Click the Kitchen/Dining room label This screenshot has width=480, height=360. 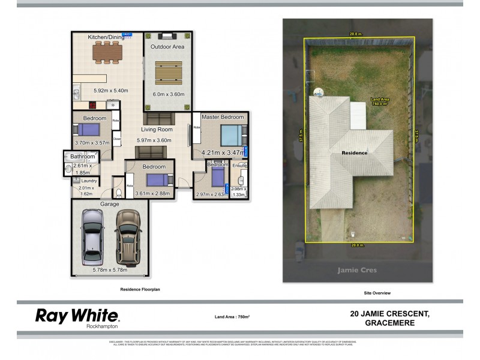click(x=106, y=37)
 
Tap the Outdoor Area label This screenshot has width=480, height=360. click(x=167, y=46)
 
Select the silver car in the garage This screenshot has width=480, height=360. click(x=92, y=238)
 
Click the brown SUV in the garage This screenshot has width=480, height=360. click(x=127, y=238)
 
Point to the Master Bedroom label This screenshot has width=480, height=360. click(x=223, y=117)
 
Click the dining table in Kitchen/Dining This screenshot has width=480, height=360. click(x=107, y=52)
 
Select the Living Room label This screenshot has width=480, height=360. click(x=157, y=130)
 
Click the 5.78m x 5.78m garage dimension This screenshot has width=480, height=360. click(x=109, y=271)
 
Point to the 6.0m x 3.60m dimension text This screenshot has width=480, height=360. click(x=167, y=94)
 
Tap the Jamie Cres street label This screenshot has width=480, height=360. click(x=358, y=270)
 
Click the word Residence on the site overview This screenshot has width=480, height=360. click(x=355, y=153)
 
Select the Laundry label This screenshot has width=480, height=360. click(x=89, y=181)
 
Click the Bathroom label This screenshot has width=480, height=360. click(x=83, y=157)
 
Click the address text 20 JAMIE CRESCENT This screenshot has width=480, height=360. click(x=389, y=313)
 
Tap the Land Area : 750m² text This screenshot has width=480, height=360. click(x=232, y=317)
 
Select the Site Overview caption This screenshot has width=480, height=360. click(x=377, y=293)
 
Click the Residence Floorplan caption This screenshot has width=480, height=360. click(x=140, y=289)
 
